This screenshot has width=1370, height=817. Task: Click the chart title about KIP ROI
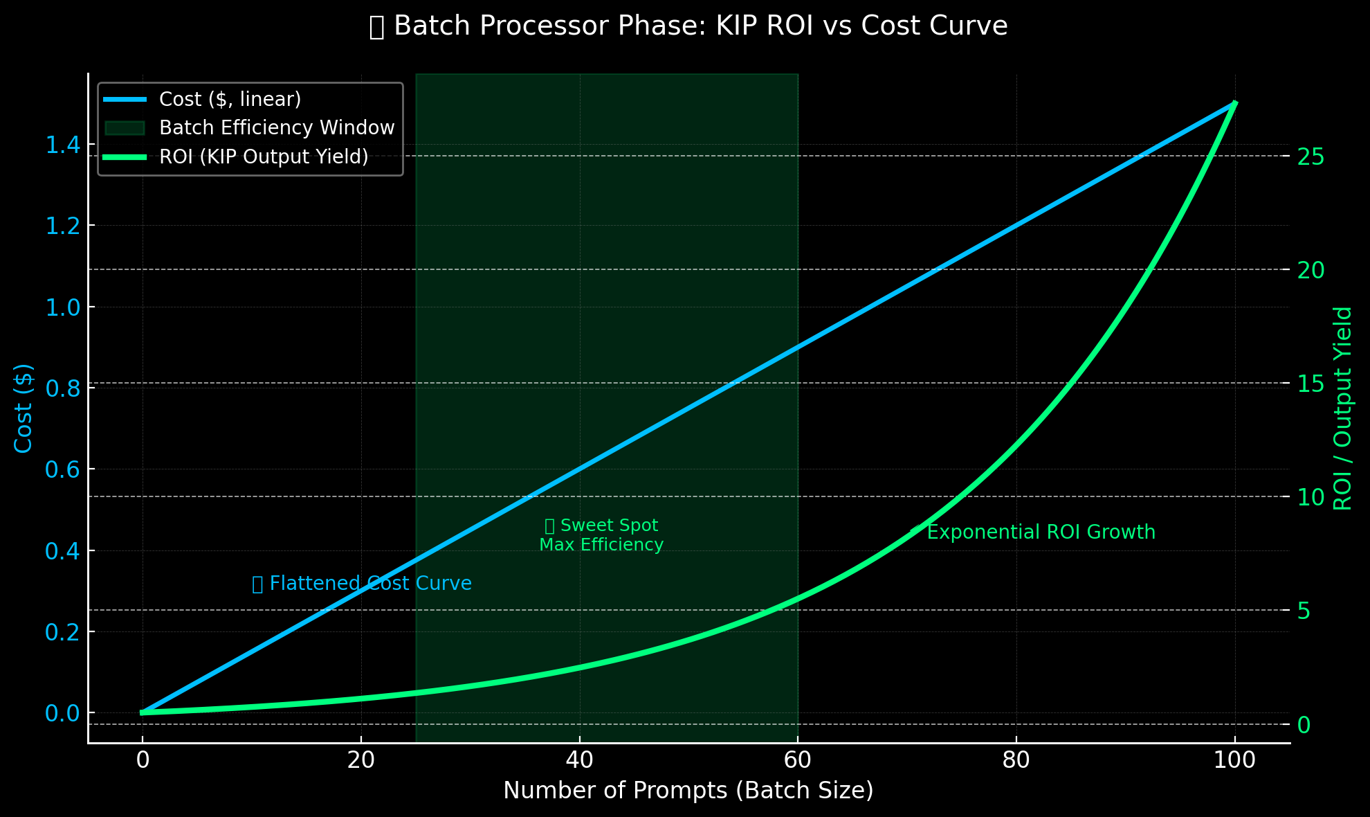(688, 26)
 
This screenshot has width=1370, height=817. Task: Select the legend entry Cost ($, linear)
(230, 100)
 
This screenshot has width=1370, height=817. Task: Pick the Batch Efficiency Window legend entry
(276, 128)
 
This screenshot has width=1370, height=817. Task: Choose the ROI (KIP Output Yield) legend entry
(264, 157)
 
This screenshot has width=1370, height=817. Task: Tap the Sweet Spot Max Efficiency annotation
(601, 535)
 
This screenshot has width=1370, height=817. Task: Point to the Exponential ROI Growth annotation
(1040, 532)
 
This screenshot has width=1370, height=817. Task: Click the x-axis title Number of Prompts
(688, 790)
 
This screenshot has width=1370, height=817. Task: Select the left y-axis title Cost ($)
(24, 408)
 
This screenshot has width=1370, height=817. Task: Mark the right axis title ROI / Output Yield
(1342, 408)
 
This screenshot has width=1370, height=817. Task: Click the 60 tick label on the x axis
(798, 760)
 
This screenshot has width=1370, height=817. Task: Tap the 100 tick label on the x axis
(1234, 760)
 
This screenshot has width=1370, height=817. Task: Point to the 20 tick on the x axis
(361, 760)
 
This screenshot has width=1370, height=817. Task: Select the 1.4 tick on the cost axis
(63, 145)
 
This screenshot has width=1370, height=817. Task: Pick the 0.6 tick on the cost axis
(63, 469)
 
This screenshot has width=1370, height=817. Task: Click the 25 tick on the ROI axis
(1310, 156)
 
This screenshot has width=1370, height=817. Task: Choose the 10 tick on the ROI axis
(1310, 497)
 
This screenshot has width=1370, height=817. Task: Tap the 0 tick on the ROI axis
(1304, 724)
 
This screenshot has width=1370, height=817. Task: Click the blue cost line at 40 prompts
(580, 469)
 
